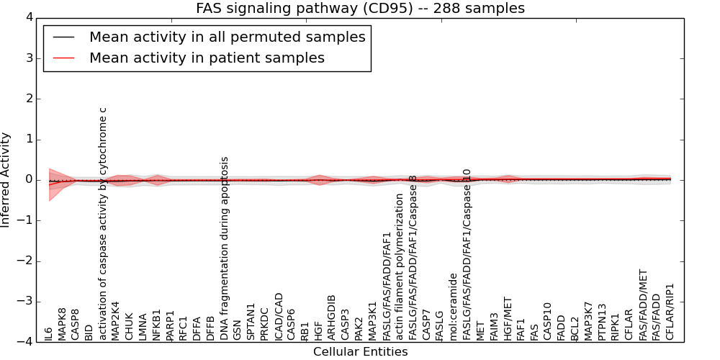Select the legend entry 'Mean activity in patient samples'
coord(207,58)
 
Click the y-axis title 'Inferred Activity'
coord(6,179)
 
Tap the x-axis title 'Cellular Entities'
coord(360,352)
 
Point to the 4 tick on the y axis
coord(29,17)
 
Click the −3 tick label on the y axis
coord(25,302)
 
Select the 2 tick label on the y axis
coord(29,99)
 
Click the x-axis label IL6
coord(48,333)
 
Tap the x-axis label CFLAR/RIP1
coord(670,312)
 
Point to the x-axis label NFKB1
coord(157,325)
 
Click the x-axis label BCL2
coord(575,328)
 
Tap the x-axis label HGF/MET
coord(508,318)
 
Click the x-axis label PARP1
coord(171,325)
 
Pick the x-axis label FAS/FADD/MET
coord(644,305)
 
